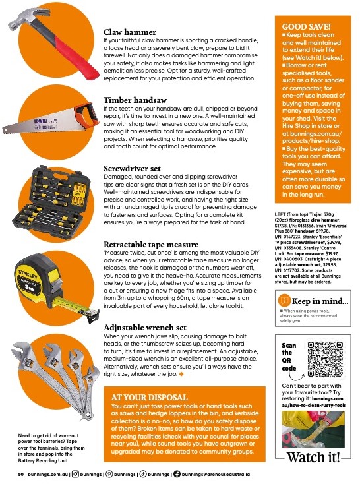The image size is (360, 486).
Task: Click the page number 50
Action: (21, 474)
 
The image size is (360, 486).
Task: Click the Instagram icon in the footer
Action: (76, 474)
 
